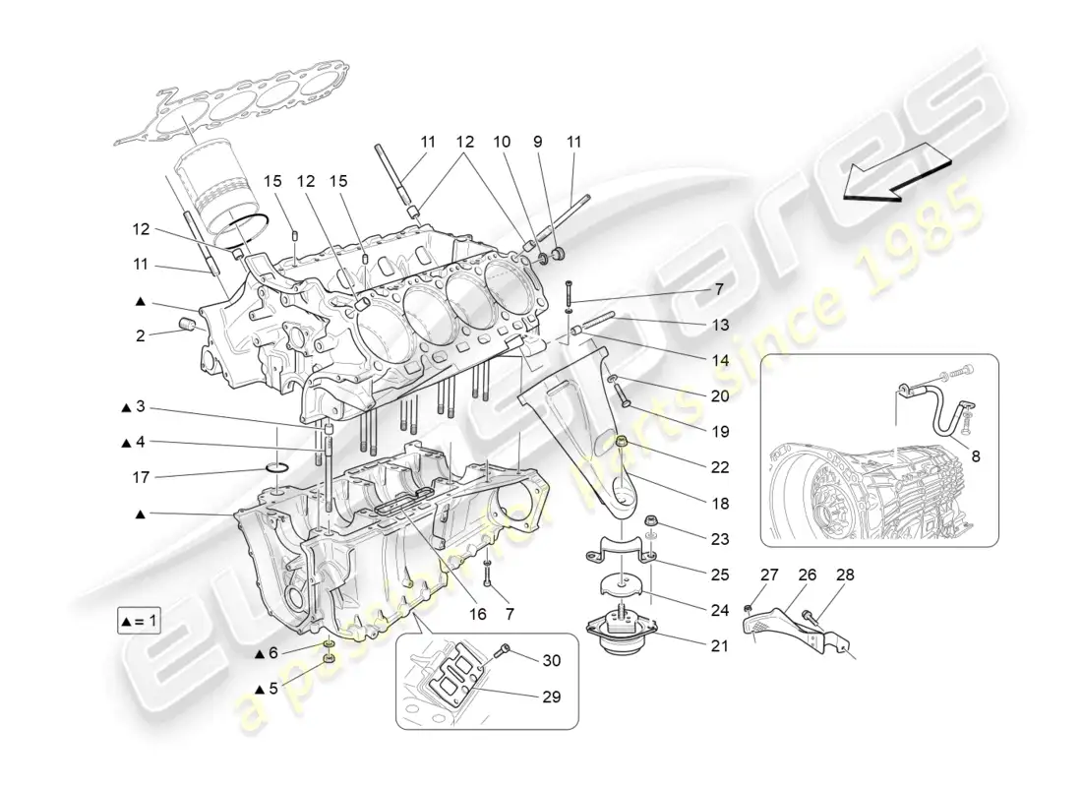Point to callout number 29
pyautogui.click(x=550, y=697)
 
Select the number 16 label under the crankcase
pyautogui.click(x=478, y=613)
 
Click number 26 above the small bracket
pyautogui.click(x=808, y=575)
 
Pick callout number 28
pyautogui.click(x=845, y=575)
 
